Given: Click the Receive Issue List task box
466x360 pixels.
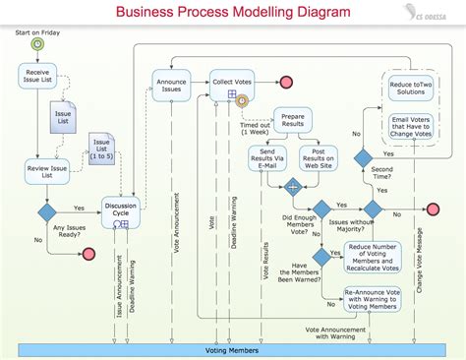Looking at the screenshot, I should [x=37, y=75].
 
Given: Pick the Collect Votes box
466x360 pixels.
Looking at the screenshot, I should [x=232, y=83].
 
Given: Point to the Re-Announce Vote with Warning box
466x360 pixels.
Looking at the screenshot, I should [x=373, y=298].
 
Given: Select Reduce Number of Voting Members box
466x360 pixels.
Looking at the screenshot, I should [x=373, y=256].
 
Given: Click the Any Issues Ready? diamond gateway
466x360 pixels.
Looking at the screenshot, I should [x=45, y=211].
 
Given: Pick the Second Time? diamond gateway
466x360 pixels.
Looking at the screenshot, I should [x=364, y=157].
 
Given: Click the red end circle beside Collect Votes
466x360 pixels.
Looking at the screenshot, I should [x=286, y=82].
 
